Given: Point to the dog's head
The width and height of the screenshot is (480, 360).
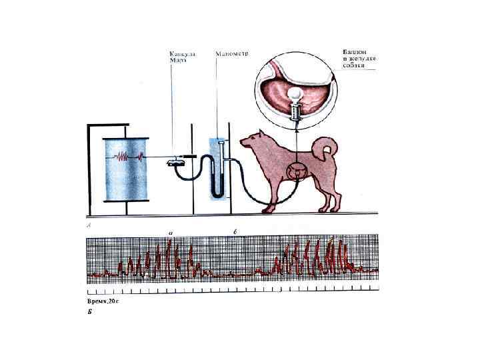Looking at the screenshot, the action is click(x=253, y=141).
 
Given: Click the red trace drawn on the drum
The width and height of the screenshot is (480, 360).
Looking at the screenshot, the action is click(x=127, y=157).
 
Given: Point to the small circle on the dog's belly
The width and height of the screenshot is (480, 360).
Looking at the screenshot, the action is click(x=296, y=171).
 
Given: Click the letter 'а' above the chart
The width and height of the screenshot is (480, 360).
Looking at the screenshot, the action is click(x=171, y=233).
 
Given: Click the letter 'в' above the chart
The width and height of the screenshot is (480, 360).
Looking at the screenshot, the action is click(x=233, y=233).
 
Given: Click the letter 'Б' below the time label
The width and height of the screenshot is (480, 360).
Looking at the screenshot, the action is click(x=91, y=311).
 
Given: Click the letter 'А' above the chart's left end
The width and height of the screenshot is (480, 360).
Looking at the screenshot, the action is click(x=90, y=227).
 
